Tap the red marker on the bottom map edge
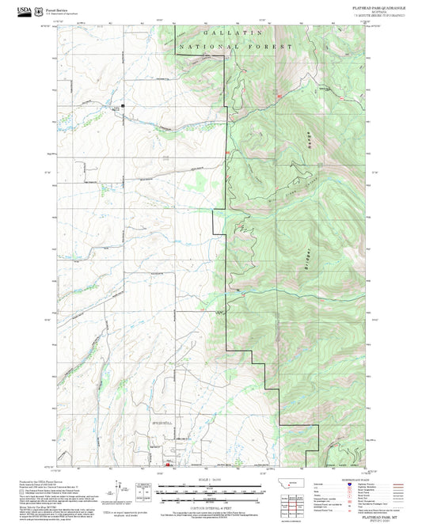167,465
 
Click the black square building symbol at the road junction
123,104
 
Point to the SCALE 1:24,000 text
210,480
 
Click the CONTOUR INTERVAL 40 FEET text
210,501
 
